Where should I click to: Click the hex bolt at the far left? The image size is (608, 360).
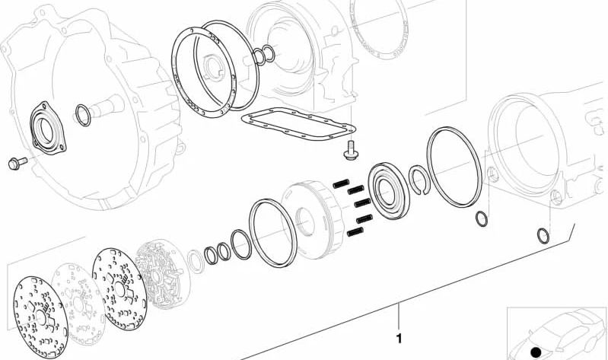[18, 163]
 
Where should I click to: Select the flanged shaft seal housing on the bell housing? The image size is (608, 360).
[47, 129]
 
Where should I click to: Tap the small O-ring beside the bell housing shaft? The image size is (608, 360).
[83, 115]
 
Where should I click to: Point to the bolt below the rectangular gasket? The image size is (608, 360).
[351, 151]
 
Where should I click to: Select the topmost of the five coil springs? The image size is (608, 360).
[341, 183]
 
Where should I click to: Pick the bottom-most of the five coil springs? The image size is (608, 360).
[355, 232]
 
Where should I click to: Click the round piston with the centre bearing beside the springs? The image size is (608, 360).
[389, 191]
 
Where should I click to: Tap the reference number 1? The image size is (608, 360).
[399, 339]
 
